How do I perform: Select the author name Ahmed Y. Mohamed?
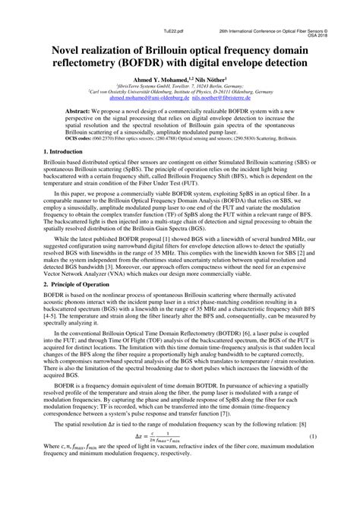tap(160, 80)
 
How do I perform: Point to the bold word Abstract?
tap(81, 110)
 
